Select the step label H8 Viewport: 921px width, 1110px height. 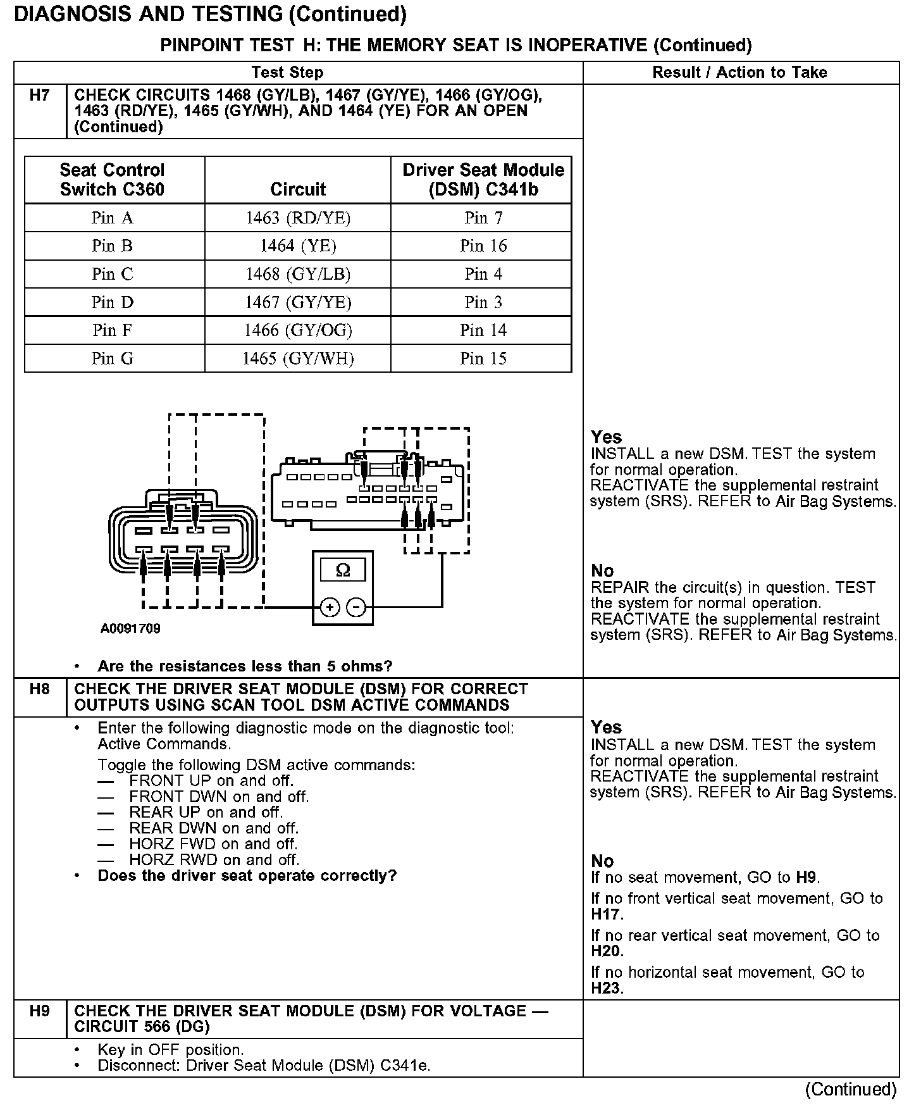coord(39,689)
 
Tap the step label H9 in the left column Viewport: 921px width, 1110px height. coord(39,1011)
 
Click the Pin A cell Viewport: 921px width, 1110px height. coord(113,218)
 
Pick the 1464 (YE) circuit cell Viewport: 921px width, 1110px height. coord(298,246)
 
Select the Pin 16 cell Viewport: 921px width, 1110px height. coord(483,246)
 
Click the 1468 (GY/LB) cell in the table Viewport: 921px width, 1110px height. coord(298,274)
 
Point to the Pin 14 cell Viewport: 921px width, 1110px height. coord(483,330)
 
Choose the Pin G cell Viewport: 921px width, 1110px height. coord(113,359)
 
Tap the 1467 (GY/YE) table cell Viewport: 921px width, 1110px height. coord(298,302)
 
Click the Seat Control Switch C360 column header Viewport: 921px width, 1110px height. coord(113,180)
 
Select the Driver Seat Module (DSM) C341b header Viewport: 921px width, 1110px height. coord(483,180)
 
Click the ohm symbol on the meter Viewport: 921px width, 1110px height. coord(343,571)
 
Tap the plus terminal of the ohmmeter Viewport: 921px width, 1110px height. coord(330,608)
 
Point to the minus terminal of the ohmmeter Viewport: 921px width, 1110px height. coord(357,608)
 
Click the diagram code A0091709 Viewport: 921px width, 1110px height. coord(130,629)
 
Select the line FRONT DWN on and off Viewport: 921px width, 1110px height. coord(219,797)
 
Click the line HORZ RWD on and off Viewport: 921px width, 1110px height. coord(214,860)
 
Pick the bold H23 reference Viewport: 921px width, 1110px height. coord(607,988)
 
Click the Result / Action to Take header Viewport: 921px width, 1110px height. coord(739,73)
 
